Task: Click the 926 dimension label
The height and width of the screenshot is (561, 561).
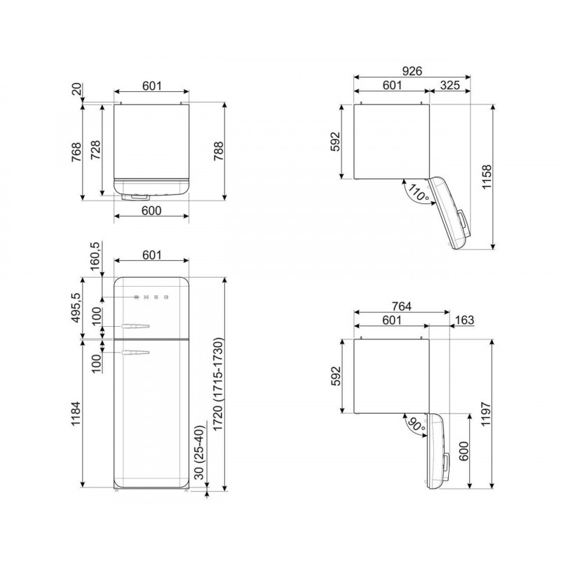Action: click(412, 72)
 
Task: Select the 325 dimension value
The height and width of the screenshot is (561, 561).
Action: click(450, 85)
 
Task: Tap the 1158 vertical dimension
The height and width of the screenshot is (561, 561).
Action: click(487, 177)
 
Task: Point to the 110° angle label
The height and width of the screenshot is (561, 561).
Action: click(417, 193)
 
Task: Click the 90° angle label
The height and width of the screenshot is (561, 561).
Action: click(417, 424)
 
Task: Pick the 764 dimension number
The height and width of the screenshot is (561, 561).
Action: click(401, 306)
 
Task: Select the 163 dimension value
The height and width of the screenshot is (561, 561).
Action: click(464, 320)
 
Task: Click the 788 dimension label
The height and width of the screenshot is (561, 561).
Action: click(219, 151)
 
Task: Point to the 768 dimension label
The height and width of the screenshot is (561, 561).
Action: click(76, 152)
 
